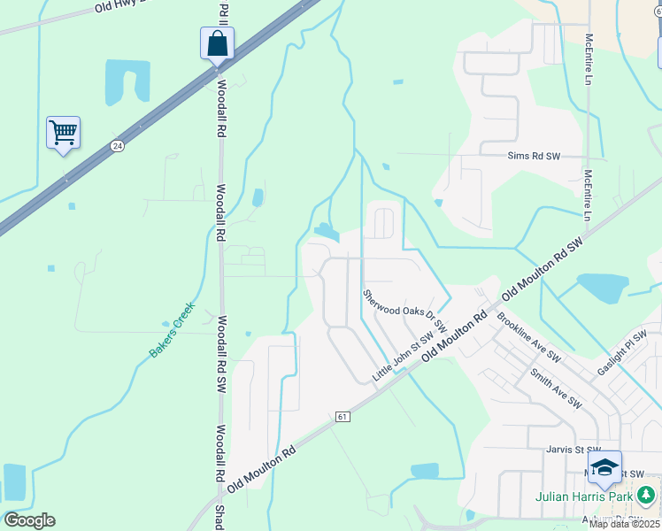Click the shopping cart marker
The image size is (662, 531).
click(x=63, y=133)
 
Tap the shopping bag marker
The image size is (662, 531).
click(x=217, y=42)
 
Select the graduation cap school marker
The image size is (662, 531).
click(x=604, y=468)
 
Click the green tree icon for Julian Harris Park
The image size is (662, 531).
click(x=647, y=494)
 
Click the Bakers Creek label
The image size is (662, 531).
click(x=172, y=336)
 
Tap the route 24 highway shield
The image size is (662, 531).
click(x=117, y=144)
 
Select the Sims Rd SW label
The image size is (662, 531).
click(x=535, y=156)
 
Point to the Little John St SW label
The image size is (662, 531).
click(x=403, y=358)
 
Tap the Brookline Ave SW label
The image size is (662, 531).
click(x=528, y=336)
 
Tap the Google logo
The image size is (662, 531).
click(x=29, y=520)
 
